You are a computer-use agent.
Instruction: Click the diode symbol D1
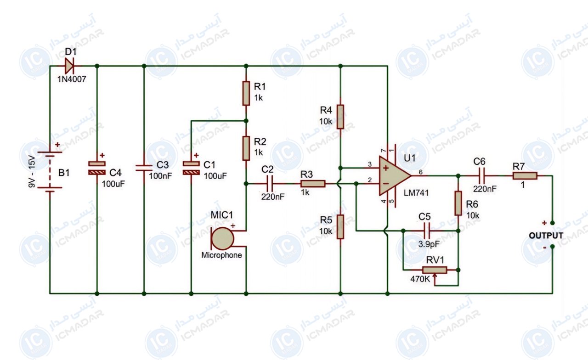click(69, 66)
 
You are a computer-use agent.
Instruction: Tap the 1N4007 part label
click(72, 79)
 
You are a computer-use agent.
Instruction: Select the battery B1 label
click(64, 173)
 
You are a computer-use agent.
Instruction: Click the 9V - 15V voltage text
click(32, 171)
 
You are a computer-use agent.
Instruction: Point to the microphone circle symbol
click(222, 238)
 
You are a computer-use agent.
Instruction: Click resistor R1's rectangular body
click(246, 93)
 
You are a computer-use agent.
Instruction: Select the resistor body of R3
click(313, 184)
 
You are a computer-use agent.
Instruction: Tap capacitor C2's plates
click(270, 184)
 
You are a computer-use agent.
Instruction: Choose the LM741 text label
click(416, 193)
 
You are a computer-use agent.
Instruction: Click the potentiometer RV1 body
click(435, 270)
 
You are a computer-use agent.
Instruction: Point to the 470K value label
click(420, 279)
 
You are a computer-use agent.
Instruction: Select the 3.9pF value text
click(429, 244)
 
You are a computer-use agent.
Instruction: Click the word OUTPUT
click(546, 236)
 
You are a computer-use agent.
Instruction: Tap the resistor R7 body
click(525, 176)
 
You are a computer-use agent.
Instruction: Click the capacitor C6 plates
click(482, 176)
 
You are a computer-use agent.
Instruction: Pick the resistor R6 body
click(458, 203)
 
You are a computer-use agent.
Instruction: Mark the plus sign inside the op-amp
click(385, 168)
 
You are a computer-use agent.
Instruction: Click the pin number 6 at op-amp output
click(420, 172)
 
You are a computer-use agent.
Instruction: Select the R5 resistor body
click(340, 227)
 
